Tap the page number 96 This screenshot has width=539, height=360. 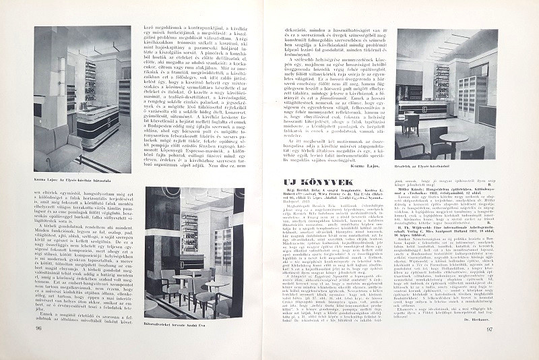coord(38,347)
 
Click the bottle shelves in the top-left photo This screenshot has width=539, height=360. coord(90,81)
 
